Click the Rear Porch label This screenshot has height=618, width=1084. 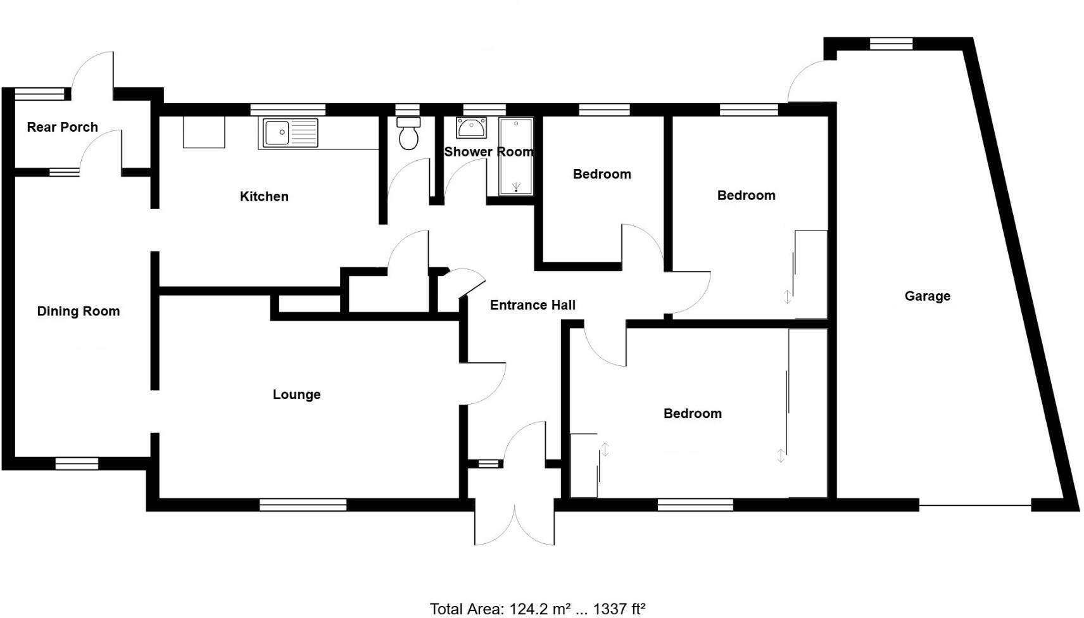62,127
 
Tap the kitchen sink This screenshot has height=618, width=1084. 288,133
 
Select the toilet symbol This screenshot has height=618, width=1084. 408,134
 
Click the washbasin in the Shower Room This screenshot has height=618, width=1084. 471,128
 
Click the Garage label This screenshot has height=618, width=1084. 927,296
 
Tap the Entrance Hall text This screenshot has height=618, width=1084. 533,305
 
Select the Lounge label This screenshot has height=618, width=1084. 296,394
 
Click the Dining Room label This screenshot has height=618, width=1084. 78,311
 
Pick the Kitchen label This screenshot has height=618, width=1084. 264,196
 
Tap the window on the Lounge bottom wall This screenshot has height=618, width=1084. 303,505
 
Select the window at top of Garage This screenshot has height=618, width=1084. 891,44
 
